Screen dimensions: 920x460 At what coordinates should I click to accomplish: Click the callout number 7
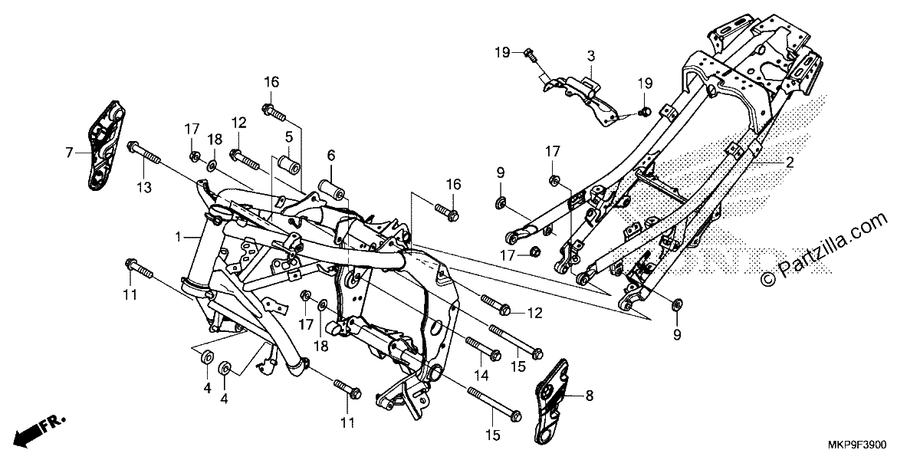click(69, 153)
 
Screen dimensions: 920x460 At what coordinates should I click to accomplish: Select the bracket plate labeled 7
click(105, 146)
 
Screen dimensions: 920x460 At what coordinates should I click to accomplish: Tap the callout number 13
click(144, 188)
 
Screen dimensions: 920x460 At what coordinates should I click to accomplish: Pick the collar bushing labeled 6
click(331, 190)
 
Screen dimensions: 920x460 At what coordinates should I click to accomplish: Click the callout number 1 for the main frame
click(178, 237)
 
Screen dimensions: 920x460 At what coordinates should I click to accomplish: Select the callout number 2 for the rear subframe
click(790, 163)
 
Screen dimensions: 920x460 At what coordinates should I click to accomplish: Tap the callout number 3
click(591, 56)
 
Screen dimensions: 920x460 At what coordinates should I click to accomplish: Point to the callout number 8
click(590, 396)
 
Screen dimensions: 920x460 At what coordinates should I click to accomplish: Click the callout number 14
click(481, 375)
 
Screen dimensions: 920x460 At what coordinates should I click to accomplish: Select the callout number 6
click(331, 155)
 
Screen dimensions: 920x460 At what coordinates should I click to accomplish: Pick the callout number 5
click(289, 136)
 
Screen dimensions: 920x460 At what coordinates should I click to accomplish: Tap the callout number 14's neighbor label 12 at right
click(535, 314)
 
